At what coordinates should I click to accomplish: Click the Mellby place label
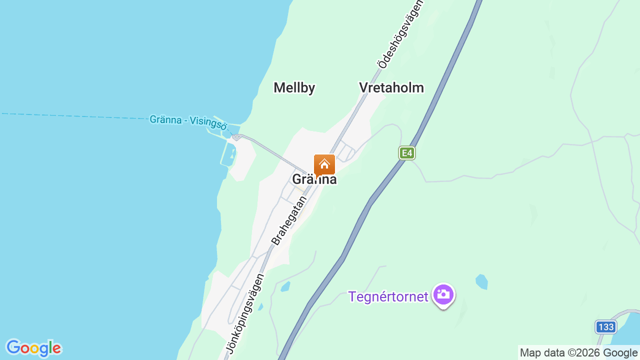click(x=294, y=88)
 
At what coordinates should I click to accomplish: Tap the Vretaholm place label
click(x=391, y=88)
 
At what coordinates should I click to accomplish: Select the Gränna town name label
click(x=314, y=180)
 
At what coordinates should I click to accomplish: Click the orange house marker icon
click(x=324, y=164)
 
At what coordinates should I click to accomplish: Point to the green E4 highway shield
click(x=407, y=153)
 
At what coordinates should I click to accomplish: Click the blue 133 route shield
click(x=605, y=327)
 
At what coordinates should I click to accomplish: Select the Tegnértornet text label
click(x=388, y=296)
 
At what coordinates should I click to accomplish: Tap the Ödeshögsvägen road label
click(x=400, y=34)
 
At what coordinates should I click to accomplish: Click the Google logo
click(x=33, y=348)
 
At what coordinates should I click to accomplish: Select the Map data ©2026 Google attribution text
click(x=578, y=353)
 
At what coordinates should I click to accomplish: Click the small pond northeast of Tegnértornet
click(x=481, y=281)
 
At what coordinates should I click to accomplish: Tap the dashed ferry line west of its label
click(x=75, y=116)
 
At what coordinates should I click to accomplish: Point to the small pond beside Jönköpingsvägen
click(x=285, y=287)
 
